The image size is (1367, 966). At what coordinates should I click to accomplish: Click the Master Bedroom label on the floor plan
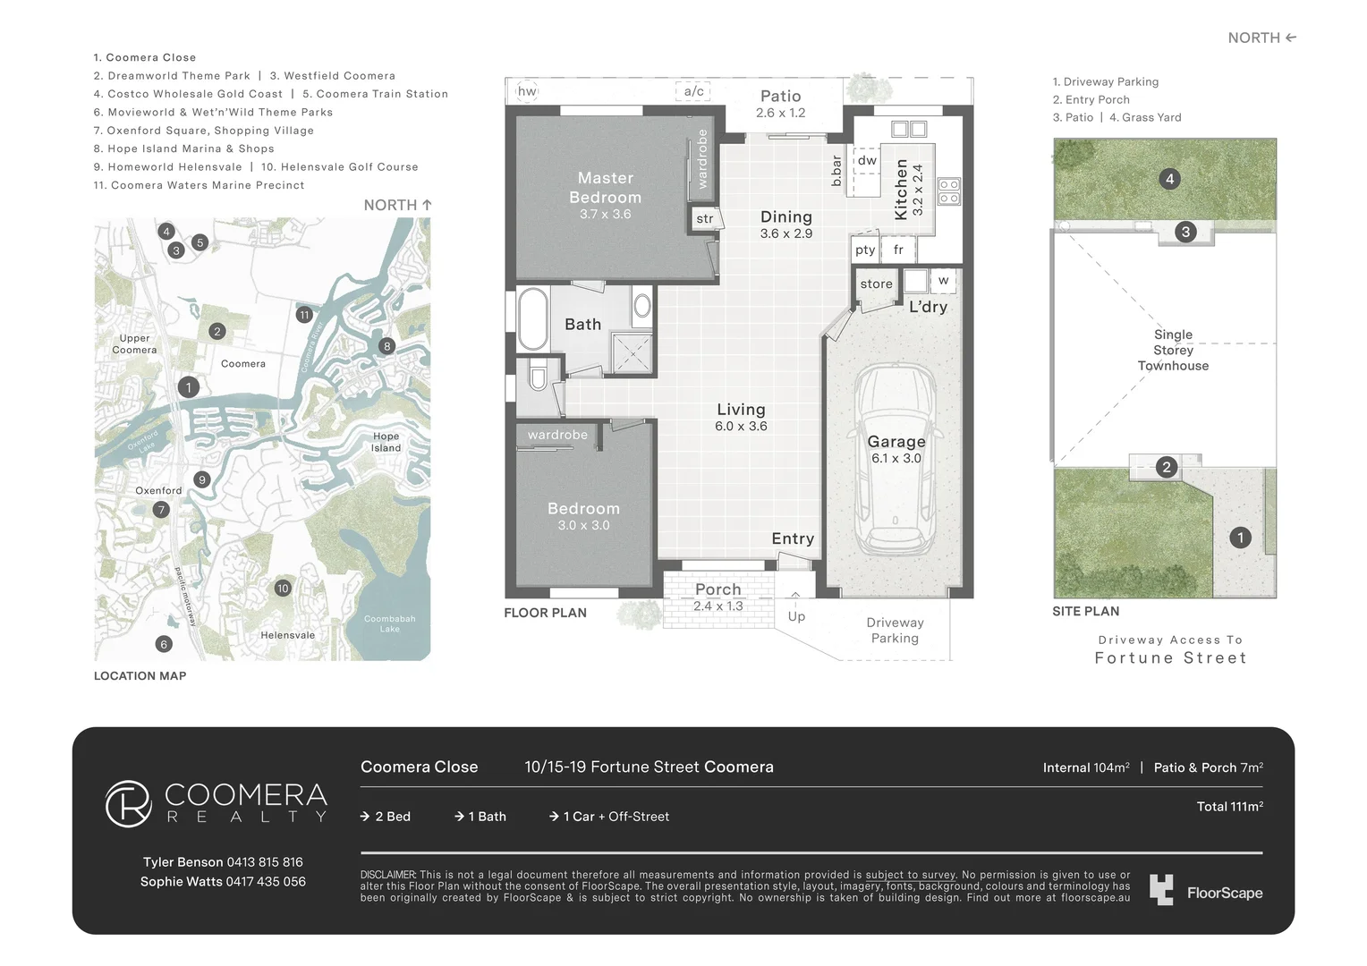tap(605, 188)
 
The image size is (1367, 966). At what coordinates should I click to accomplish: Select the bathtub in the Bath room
tap(533, 318)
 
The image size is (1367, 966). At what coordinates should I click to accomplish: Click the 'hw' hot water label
tap(527, 91)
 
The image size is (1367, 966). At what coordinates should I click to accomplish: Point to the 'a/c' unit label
tap(693, 91)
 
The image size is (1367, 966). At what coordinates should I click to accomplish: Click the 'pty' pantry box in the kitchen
tap(865, 250)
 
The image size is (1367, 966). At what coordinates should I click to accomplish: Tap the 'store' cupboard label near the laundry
tap(876, 284)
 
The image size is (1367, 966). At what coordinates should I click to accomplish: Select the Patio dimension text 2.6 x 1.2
tap(780, 113)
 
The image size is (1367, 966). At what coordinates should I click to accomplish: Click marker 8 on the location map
tap(386, 346)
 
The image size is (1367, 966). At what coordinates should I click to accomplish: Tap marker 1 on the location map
tap(188, 387)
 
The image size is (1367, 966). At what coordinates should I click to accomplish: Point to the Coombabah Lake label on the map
tap(389, 623)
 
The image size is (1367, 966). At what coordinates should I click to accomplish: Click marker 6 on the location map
tap(163, 644)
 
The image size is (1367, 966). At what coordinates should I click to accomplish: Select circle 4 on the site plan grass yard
tap(1169, 179)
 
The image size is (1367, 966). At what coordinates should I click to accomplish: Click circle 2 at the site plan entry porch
tap(1166, 467)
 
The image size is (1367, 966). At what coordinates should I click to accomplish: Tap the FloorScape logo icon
tap(1161, 890)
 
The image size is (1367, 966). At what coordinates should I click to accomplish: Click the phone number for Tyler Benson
tap(265, 862)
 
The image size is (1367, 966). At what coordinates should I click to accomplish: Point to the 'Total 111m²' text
tap(1229, 807)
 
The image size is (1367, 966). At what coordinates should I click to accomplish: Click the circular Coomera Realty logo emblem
tap(128, 803)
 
